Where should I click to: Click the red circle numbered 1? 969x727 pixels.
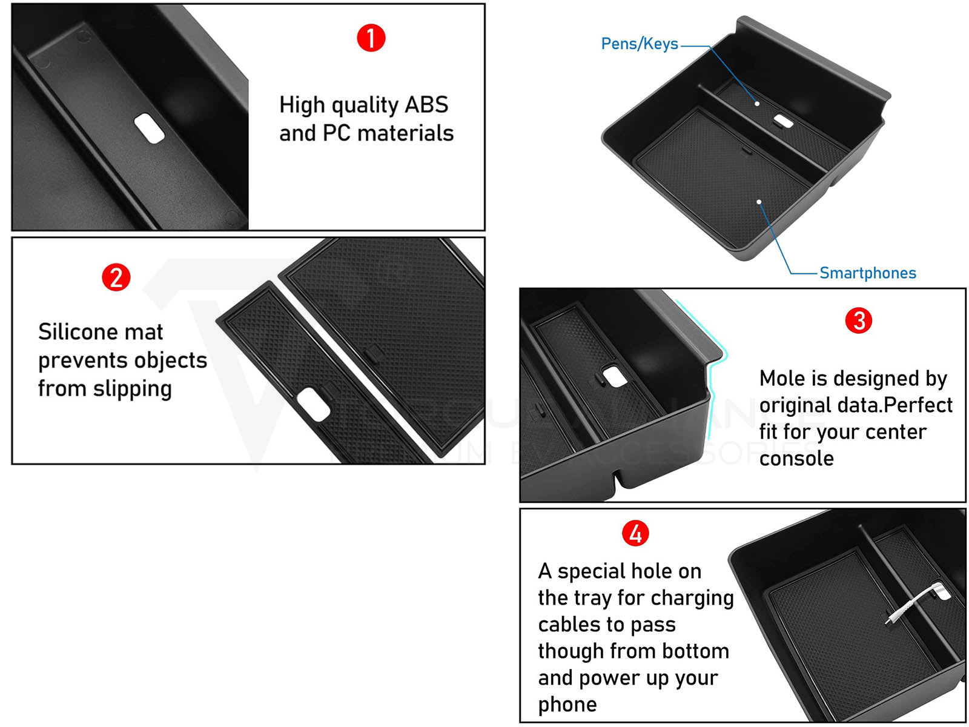pos(371,38)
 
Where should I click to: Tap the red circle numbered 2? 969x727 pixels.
pos(116,277)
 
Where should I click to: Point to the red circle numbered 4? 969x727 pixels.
pos(635,534)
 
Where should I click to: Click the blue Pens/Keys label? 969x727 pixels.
pos(639,44)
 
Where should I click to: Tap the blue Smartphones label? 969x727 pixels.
pos(867,273)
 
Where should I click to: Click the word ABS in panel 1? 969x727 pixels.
pos(426,105)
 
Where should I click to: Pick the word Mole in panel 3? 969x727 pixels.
pos(782,378)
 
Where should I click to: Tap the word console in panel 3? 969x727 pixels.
pos(796,459)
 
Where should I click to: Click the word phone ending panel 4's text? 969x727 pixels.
pos(567,705)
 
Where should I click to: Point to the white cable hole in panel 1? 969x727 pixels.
pos(149,128)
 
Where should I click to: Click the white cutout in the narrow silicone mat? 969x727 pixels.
pos(314,404)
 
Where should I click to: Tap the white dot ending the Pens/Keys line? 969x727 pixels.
pos(756,104)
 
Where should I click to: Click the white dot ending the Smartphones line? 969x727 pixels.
pos(759,202)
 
